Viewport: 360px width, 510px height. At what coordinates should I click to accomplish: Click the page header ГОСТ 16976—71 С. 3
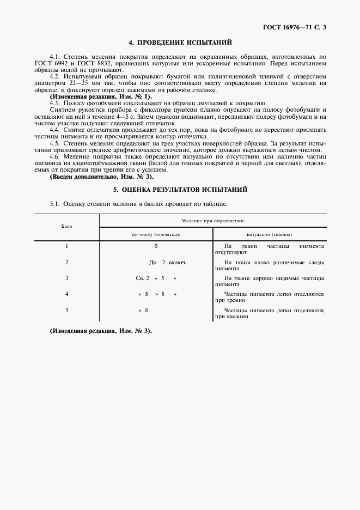pos(294,26)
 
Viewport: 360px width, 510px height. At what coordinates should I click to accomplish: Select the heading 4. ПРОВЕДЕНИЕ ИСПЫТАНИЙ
pos(180,42)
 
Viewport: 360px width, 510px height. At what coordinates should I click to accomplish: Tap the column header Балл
pos(66,226)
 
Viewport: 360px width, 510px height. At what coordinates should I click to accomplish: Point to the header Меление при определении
pos(212,221)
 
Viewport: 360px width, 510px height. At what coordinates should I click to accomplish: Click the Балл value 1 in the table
pos(66,246)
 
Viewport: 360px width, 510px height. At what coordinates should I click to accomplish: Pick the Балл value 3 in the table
pos(66,278)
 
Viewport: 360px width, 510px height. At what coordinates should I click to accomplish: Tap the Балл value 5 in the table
pos(66,310)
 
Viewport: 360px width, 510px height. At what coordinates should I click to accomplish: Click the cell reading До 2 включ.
pos(168,262)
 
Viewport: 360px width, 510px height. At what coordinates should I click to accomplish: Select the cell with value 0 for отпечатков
pos(156,246)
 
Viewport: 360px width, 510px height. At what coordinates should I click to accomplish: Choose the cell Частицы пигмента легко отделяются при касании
pos(270,313)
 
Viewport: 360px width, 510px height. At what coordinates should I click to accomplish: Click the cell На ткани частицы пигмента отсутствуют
pos(270,249)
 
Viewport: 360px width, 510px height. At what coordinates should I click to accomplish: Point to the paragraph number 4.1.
pos(54,56)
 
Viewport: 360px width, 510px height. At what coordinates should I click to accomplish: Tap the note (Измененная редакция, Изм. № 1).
pos(93,96)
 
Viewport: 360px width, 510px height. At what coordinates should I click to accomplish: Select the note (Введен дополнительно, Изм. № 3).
pos(101,177)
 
